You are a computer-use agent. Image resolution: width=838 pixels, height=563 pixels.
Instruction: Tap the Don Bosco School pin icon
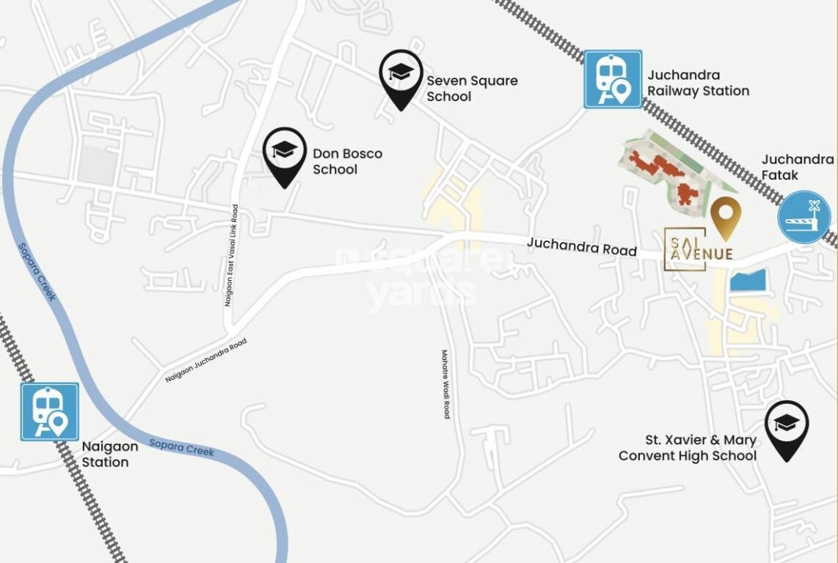(285, 154)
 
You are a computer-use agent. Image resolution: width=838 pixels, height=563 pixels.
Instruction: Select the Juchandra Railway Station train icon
(613, 79)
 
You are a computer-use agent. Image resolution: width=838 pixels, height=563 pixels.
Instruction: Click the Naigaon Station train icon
(50, 411)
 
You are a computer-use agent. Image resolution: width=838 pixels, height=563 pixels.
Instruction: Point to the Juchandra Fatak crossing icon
(804, 218)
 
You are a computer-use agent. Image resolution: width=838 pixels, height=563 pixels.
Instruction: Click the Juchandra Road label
(581, 247)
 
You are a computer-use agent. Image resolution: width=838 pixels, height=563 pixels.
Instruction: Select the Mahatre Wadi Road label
(445, 383)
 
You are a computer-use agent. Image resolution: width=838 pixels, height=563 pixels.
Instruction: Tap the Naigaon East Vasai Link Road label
(231, 255)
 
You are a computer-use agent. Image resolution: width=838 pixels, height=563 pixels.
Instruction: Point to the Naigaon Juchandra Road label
(205, 360)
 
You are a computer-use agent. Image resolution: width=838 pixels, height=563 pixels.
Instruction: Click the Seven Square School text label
(472, 88)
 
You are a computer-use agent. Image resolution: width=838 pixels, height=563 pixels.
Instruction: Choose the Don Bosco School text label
(347, 161)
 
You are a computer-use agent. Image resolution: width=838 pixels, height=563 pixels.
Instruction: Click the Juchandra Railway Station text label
(698, 83)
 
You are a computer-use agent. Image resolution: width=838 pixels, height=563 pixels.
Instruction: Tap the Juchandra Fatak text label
(798, 167)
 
